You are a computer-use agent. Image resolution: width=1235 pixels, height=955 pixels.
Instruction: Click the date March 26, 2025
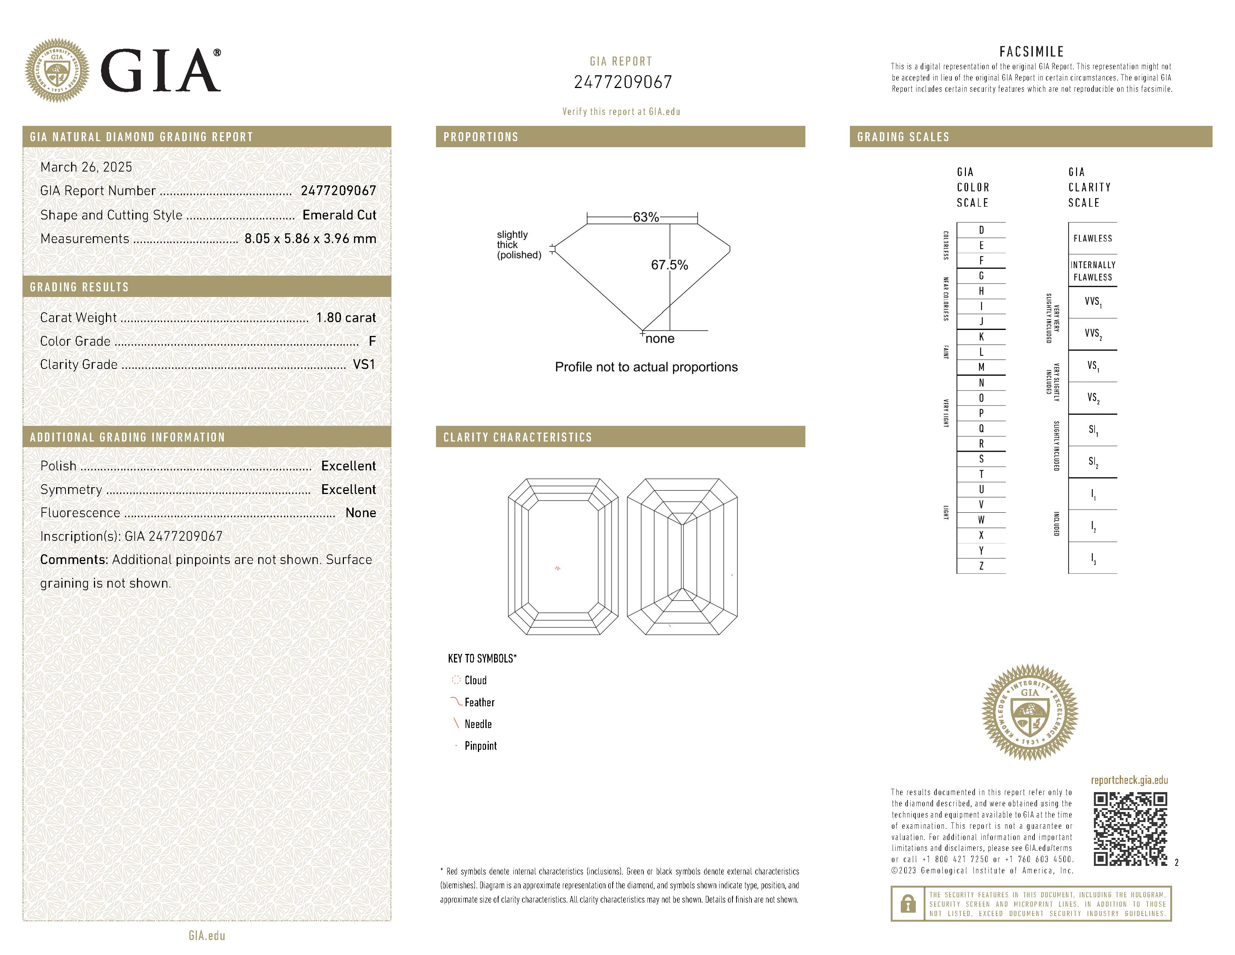[x=86, y=167]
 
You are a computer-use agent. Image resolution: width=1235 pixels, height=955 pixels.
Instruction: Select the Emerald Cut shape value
[x=339, y=215]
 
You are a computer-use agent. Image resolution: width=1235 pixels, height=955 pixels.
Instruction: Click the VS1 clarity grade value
[x=364, y=364]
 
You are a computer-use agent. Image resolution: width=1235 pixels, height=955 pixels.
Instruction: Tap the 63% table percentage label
[x=646, y=217]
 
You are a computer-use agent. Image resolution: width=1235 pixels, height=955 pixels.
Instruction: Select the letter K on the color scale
[x=981, y=337]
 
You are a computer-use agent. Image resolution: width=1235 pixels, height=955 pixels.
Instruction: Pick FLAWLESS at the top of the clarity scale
[x=1092, y=238]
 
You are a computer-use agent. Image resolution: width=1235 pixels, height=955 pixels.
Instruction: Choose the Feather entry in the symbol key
[x=479, y=702]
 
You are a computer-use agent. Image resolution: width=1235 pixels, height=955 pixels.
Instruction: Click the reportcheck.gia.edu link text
[x=1129, y=780]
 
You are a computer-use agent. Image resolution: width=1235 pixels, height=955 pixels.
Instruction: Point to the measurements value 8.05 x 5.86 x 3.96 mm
[x=310, y=239]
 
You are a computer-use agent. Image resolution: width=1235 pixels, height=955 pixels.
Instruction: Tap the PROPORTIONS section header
[x=481, y=137]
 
